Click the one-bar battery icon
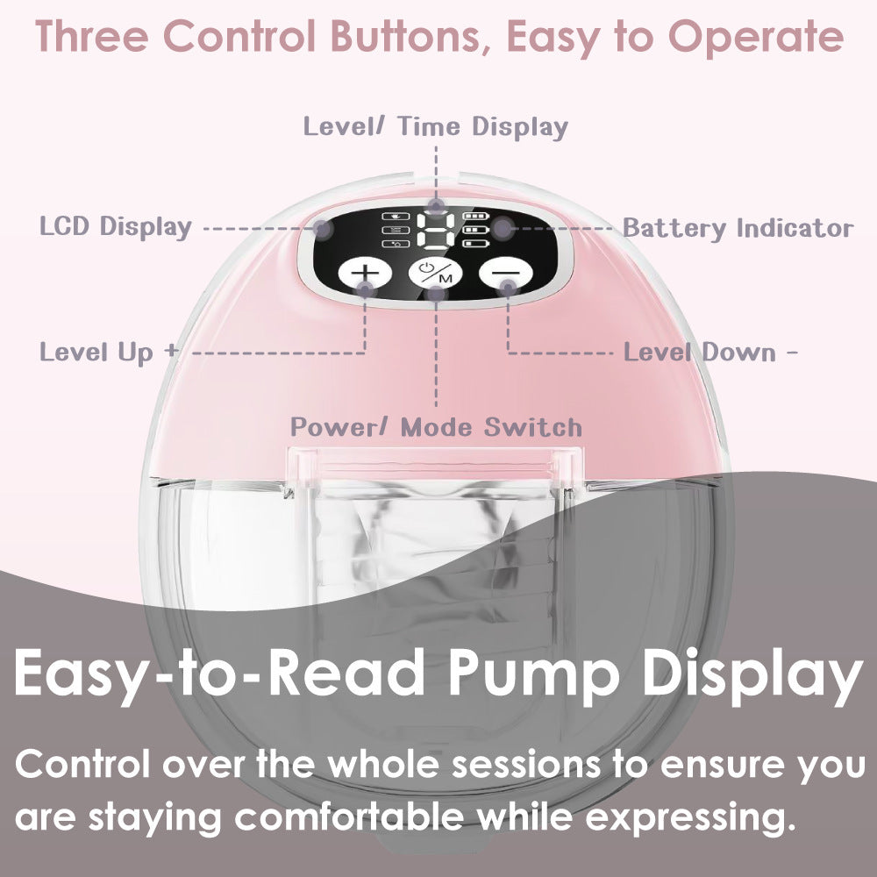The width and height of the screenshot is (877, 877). point(474,244)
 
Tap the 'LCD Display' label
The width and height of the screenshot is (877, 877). point(115,226)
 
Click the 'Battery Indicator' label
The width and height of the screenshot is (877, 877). point(738,228)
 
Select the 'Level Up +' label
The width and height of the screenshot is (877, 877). point(109,353)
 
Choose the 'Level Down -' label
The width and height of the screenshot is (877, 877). point(710,353)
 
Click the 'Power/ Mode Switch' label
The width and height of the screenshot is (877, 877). point(436,427)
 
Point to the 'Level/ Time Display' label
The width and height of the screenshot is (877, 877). point(436,126)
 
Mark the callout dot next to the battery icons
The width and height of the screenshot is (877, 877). point(501,228)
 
